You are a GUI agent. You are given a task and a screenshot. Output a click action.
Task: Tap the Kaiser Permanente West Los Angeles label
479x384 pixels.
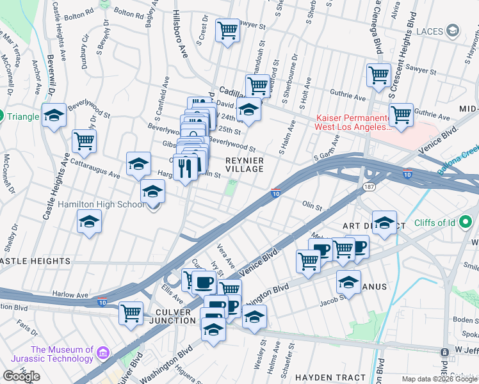[x=352, y=122]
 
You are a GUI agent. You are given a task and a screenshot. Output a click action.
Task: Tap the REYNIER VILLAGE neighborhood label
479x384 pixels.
[x=244, y=164]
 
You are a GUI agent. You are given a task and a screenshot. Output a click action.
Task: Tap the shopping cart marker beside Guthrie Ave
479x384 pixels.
[x=401, y=116]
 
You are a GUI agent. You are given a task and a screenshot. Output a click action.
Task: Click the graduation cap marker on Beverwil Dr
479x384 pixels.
[x=54, y=116]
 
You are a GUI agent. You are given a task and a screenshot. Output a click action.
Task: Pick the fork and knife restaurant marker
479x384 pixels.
[x=185, y=168]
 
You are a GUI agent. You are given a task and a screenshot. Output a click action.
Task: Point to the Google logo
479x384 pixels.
[x=21, y=376]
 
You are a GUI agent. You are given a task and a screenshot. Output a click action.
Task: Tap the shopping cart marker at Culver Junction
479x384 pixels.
[x=131, y=313]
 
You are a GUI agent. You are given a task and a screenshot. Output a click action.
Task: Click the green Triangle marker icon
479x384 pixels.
[x=2, y=116]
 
